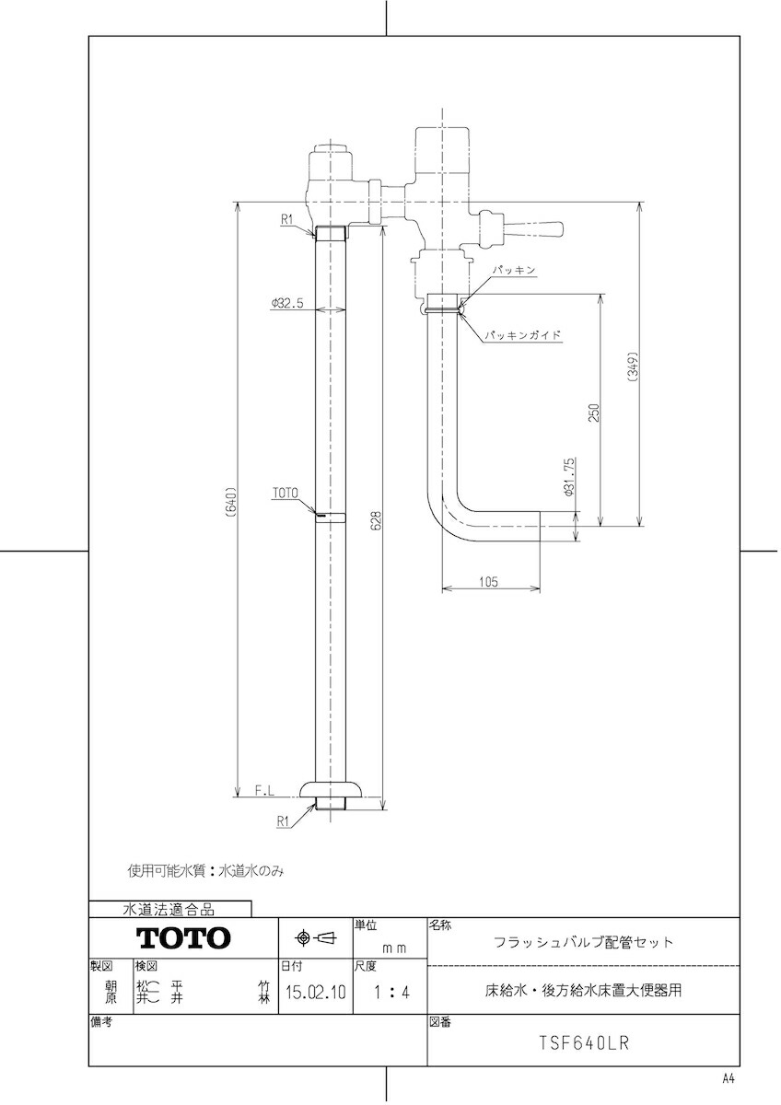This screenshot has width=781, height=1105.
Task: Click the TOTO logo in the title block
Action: pos(183,938)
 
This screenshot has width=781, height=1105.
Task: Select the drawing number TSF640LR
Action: pos(584,1044)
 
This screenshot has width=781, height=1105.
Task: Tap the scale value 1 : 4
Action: pos(387,994)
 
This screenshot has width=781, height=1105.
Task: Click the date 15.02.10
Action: pos(315,994)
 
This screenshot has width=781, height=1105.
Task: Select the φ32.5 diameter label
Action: pos(287,302)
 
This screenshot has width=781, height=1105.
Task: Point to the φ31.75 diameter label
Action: pos(569,473)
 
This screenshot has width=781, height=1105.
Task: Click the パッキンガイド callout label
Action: pos(523,336)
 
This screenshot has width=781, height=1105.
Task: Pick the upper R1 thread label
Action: pos(286,219)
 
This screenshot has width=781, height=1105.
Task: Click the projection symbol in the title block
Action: pos(314,937)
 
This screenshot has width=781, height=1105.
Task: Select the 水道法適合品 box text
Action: pos(169,910)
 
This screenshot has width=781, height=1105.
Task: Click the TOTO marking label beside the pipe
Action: pos(285,494)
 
